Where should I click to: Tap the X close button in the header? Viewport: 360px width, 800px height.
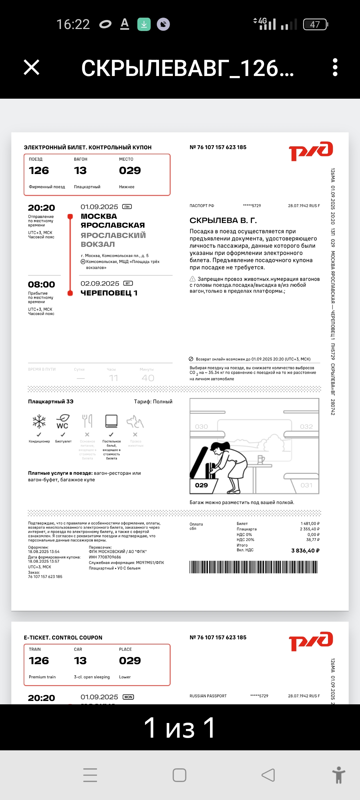coord(32,67)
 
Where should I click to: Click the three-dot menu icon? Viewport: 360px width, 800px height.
coord(335,67)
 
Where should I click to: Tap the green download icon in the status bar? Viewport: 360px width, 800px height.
coord(144,24)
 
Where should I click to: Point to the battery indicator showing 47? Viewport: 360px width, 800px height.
coord(315,24)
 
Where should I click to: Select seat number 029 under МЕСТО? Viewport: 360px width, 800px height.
coord(130,171)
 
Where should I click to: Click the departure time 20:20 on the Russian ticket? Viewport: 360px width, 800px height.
coord(42,208)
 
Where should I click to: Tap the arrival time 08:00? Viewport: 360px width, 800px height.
coord(42,285)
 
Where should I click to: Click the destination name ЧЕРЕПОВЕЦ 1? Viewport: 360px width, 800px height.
coord(109,293)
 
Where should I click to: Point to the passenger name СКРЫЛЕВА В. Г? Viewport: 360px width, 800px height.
coord(223,220)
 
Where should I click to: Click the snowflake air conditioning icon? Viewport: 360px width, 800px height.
coord(39,421)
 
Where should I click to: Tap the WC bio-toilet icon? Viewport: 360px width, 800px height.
coord(63,421)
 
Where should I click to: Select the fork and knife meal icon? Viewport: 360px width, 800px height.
coord(87,421)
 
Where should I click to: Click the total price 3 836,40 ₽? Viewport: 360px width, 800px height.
coord(305,551)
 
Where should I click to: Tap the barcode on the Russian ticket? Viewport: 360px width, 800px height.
coord(253,567)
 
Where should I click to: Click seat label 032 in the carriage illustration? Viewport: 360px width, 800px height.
coord(306,427)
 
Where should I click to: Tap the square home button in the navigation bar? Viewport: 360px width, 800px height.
coord(179,775)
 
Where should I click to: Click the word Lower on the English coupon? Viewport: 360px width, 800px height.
coord(125,677)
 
